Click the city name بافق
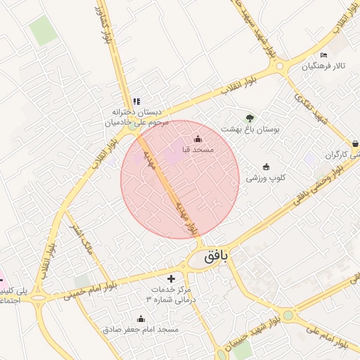point(217,257)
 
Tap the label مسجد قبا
point(198,150)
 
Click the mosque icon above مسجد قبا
point(198,139)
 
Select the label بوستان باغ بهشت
point(250,129)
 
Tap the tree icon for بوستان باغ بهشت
point(250,118)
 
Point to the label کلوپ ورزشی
point(265,178)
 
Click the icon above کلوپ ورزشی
point(266,167)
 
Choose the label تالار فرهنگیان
point(325,67)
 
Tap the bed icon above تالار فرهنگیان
point(323,56)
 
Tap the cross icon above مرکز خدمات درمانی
point(171,278)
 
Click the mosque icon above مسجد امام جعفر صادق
point(141,319)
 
